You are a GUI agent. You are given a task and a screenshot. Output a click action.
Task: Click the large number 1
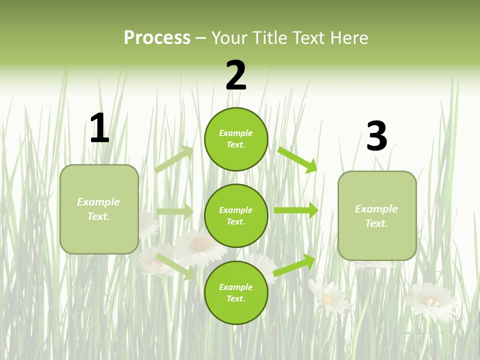pyautogui.click(x=99, y=128)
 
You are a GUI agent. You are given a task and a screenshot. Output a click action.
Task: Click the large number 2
pyautogui.click(x=236, y=75)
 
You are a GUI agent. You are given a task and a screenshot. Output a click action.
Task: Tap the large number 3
pyautogui.click(x=376, y=136)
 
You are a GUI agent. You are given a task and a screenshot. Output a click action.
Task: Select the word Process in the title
pyautogui.click(x=157, y=37)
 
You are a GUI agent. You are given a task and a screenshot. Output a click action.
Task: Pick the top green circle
pyautogui.click(x=236, y=139)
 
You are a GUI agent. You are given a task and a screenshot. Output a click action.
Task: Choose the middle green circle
pyautogui.click(x=236, y=215)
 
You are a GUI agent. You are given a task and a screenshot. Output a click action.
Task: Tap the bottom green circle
pyautogui.click(x=236, y=292)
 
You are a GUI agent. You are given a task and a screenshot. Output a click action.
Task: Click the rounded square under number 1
pyautogui.click(x=99, y=209)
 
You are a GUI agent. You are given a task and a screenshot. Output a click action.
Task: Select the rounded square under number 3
pyautogui.click(x=377, y=216)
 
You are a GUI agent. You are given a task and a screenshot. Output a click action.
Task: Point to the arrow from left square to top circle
pyautogui.click(x=174, y=159)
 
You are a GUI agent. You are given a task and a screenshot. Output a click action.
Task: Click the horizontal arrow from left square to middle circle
pyautogui.click(x=175, y=211)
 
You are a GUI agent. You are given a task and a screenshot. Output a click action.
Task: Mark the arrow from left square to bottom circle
pyautogui.click(x=175, y=266)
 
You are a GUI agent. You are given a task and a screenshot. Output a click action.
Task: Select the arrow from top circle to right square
pyautogui.click(x=297, y=159)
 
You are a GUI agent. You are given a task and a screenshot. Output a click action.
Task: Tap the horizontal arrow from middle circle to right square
pyautogui.click(x=296, y=210)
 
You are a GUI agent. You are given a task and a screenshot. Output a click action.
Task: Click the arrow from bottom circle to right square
pyautogui.click(x=294, y=265)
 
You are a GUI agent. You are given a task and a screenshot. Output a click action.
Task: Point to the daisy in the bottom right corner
pyautogui.click(x=431, y=301)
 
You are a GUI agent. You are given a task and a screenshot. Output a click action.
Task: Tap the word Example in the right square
pyautogui.click(x=376, y=209)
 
